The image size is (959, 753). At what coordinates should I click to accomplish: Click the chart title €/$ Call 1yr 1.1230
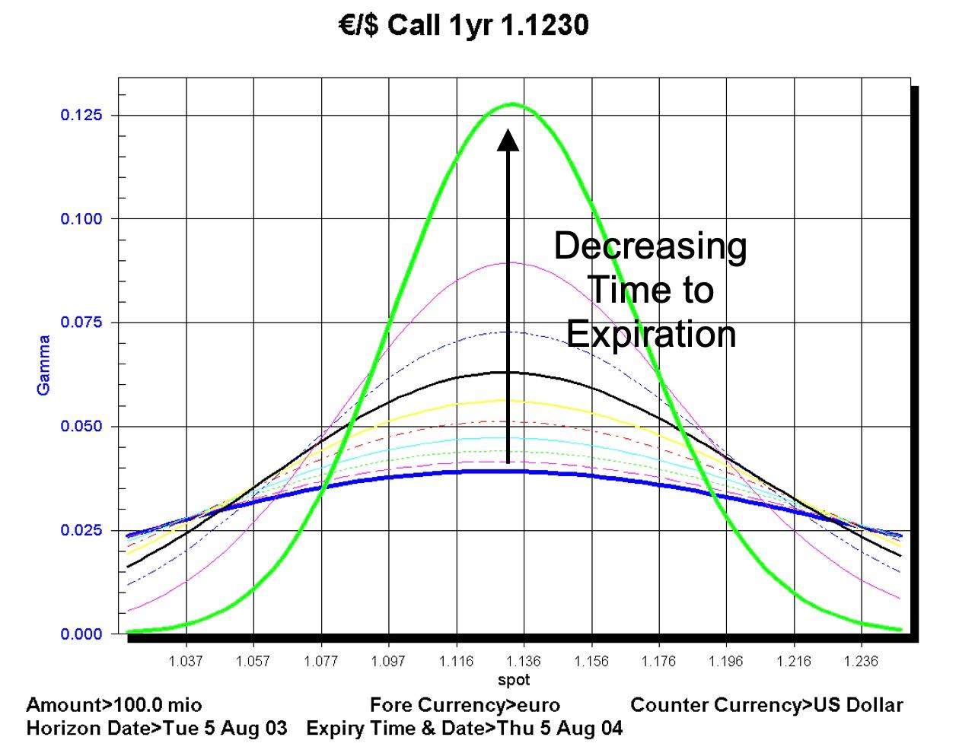click(464, 26)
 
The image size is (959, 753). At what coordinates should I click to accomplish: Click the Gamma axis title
click(44, 365)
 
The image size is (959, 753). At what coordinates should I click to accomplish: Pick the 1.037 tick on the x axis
click(186, 661)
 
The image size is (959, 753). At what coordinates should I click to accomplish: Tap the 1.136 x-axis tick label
click(524, 661)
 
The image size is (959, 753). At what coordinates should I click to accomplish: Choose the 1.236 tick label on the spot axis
click(862, 661)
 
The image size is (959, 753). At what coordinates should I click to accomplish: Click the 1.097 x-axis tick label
click(388, 661)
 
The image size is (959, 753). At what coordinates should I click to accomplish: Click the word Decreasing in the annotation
click(650, 246)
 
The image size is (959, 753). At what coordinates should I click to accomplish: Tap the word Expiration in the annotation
click(651, 335)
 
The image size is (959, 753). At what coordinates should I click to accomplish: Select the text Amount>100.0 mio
click(114, 705)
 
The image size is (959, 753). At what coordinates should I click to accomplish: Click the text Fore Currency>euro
click(464, 705)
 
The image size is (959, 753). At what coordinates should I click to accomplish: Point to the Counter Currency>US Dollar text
click(766, 705)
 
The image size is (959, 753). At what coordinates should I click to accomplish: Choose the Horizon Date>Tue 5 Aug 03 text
click(157, 729)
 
